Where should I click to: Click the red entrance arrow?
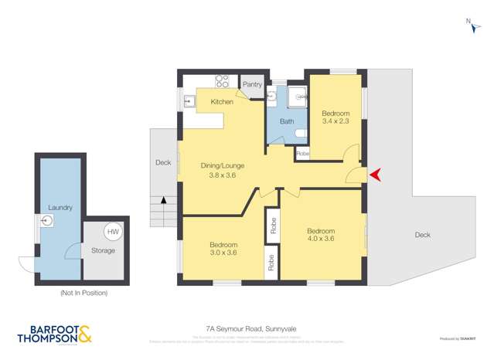[x=376, y=175]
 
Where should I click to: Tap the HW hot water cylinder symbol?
[x=113, y=232]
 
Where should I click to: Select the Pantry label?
[x=253, y=84]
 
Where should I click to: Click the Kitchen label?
[x=222, y=102]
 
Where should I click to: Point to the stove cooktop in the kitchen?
[x=222, y=80]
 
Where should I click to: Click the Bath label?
[x=286, y=121]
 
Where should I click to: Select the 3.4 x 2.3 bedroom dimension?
[x=336, y=122]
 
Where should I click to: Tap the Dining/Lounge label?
[x=222, y=165]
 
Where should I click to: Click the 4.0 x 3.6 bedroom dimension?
[x=320, y=239]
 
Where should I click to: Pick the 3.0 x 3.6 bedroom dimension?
[x=223, y=253]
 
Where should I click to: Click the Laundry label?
[x=60, y=208]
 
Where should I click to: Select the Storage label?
[x=103, y=250]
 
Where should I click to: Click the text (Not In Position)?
[x=83, y=293]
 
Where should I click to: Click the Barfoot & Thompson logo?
[x=54, y=333]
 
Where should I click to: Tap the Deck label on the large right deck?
[x=422, y=235]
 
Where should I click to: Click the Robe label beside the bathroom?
[x=302, y=153]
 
